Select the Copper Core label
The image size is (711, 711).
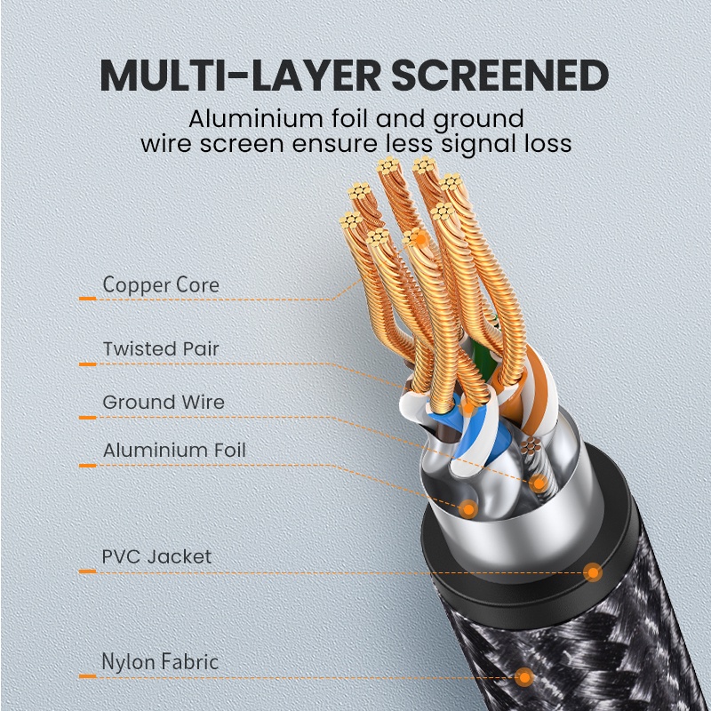pyautogui.click(x=161, y=285)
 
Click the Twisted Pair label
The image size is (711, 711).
pyautogui.click(x=161, y=348)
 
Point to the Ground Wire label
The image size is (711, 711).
pyautogui.click(x=164, y=402)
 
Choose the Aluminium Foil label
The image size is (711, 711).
pyautogui.click(x=174, y=450)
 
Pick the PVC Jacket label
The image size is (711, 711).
pyautogui.click(x=157, y=557)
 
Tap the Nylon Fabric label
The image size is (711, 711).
pyautogui.click(x=160, y=662)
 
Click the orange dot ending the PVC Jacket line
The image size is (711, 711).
pyautogui.click(x=593, y=573)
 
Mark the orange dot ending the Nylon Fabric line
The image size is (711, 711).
pyautogui.click(x=526, y=678)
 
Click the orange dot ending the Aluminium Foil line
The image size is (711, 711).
pyautogui.click(x=468, y=508)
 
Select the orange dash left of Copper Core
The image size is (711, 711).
pyautogui.click(x=87, y=299)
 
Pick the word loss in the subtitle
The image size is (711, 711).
pyautogui.click(x=545, y=142)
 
